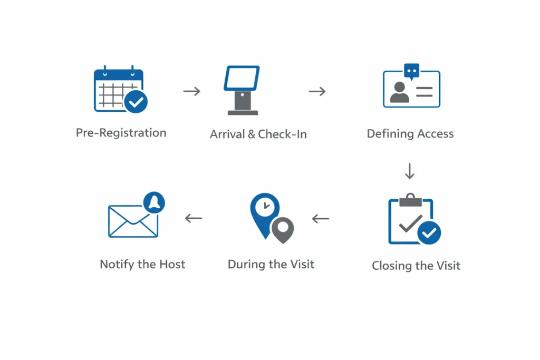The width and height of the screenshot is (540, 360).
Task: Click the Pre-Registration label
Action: [121, 133]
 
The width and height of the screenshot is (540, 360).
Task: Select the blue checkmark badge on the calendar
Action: [136, 102]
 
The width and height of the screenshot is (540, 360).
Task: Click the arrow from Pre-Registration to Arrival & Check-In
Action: [192, 91]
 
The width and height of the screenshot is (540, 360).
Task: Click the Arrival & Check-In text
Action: [258, 134]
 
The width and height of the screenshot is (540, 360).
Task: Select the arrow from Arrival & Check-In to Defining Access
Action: [317, 91]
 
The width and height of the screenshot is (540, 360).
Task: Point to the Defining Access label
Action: [410, 134]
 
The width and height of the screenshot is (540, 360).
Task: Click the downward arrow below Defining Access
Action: [410, 171]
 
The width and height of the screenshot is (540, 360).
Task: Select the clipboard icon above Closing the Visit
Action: [410, 220]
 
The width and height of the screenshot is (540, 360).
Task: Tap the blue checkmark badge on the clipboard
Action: [429, 232]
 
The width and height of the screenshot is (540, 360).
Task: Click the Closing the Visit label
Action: [416, 266]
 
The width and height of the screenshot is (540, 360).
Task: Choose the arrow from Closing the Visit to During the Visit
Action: [320, 218]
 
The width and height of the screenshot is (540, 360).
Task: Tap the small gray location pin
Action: [283, 229]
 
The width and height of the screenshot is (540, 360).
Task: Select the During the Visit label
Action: [271, 264]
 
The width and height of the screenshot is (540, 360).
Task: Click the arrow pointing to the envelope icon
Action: [194, 218]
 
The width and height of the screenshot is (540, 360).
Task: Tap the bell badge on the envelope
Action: [154, 202]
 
